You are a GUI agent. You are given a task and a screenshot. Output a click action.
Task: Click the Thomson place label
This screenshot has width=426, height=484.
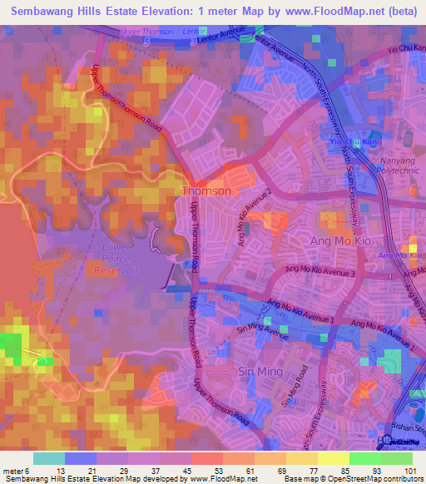point(206,191)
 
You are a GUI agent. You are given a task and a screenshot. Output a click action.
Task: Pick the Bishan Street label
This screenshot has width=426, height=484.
point(411,429)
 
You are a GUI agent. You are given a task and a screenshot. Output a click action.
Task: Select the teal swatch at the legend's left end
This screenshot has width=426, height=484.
point(48,458)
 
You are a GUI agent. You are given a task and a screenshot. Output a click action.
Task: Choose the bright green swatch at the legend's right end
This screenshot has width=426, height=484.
point(396,458)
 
